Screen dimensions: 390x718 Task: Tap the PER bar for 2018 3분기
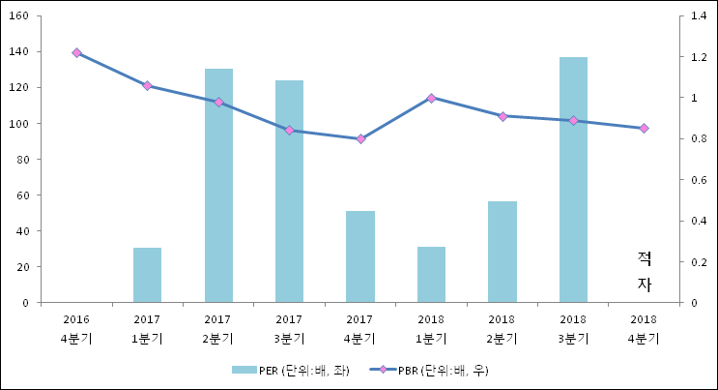573,180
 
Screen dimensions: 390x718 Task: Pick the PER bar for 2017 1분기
147,275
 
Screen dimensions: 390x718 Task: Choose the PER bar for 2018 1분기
431,275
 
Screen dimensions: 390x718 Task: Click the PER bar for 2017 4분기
360,256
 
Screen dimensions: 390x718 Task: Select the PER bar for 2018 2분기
503,252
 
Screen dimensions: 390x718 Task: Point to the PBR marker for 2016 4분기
76,52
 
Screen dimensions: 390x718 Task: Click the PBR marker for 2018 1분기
431,98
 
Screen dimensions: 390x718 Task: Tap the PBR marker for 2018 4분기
644,128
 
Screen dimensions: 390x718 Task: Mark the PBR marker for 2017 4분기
360,138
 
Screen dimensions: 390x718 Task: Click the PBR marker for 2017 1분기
147,85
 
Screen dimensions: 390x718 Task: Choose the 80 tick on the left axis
22,160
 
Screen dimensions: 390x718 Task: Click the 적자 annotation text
645,271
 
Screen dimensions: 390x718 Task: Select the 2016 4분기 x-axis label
76,328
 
